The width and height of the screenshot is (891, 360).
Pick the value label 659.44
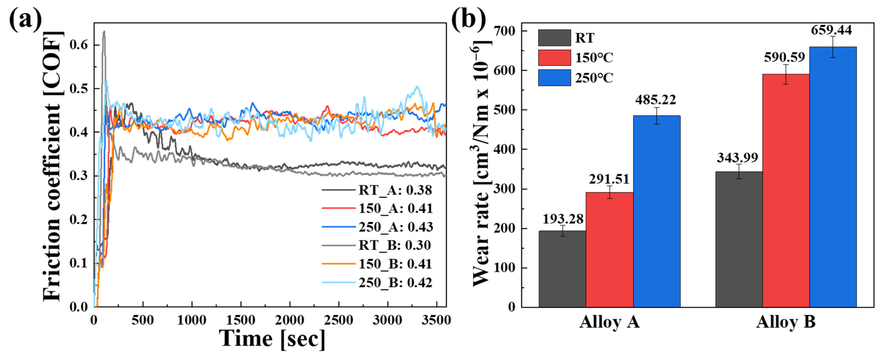832,30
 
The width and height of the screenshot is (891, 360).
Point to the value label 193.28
563,219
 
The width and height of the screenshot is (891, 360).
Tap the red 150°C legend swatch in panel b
554,57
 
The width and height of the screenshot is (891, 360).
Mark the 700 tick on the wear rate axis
505,31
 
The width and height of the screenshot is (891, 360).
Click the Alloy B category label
785,322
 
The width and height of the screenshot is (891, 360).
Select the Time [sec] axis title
272,339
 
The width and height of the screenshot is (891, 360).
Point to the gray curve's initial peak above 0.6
103,32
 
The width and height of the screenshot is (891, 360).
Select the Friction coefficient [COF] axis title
52,166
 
